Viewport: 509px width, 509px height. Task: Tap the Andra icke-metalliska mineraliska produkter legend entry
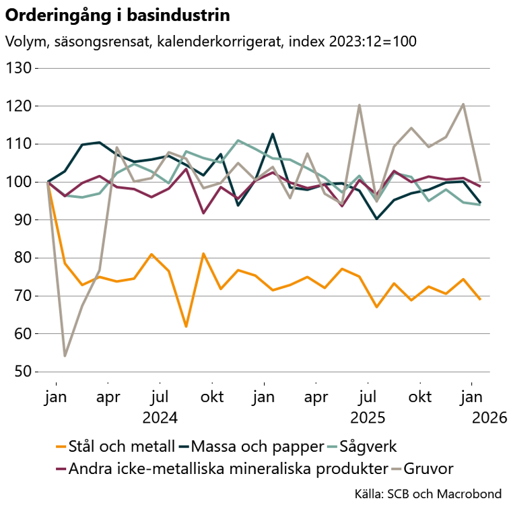point(229,468)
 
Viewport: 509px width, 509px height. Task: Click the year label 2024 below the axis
point(160,418)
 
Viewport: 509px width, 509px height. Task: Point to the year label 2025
point(367,418)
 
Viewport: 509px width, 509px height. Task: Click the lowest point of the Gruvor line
point(65,355)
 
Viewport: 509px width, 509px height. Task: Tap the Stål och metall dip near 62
point(186,327)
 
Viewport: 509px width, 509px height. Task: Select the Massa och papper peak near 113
point(273,134)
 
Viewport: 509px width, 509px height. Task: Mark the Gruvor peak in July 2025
point(360,105)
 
